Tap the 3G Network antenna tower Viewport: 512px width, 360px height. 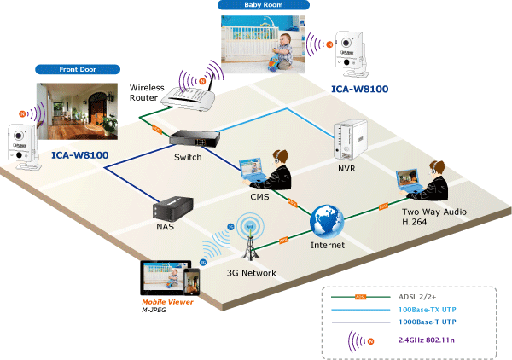pyautogui.click(x=250, y=241)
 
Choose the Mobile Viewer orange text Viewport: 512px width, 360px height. pyautogui.click(x=167, y=302)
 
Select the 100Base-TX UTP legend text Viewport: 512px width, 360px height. pyautogui.click(x=432, y=310)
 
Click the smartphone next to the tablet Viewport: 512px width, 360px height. pyautogui.click(x=195, y=280)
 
